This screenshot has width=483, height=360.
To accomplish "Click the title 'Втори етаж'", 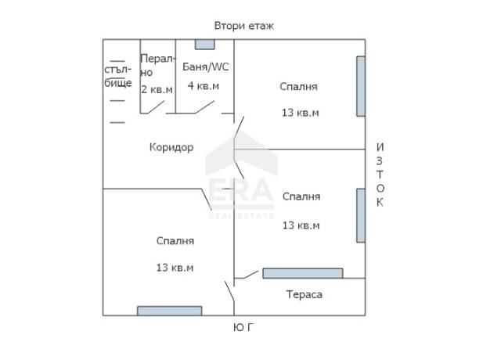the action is tap(244, 26).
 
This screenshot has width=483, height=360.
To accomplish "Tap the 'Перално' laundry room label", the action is tap(157, 65).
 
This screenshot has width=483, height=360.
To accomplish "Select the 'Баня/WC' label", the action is tap(205, 67).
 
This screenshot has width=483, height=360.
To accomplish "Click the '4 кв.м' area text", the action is tap(204, 86).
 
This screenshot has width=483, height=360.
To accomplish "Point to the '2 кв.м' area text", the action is tap(157, 89).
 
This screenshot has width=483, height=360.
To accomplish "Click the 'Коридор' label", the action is tap(171, 147).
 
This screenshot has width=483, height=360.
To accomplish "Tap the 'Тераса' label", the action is tap(304, 295).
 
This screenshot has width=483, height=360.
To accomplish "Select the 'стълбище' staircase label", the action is tap(118, 76).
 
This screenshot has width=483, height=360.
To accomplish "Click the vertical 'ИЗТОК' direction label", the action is tap(380, 175).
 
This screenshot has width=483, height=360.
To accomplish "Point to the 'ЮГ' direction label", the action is tap(243, 327).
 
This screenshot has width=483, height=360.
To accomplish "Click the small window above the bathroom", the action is tap(204, 45).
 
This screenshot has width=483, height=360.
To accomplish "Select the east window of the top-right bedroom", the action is tap(361, 86).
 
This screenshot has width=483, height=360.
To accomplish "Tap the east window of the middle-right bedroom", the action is tap(361, 215).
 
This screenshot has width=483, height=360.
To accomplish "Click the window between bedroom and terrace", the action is tap(302, 273).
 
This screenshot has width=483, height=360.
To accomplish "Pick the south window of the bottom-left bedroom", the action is tap(169, 311).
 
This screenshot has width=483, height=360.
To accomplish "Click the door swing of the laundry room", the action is tap(156, 107).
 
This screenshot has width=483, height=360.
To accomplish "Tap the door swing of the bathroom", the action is tap(204, 107).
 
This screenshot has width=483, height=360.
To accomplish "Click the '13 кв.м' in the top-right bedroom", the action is tap(301, 113).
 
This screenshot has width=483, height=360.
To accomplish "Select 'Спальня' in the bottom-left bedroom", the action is tap(175, 241).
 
